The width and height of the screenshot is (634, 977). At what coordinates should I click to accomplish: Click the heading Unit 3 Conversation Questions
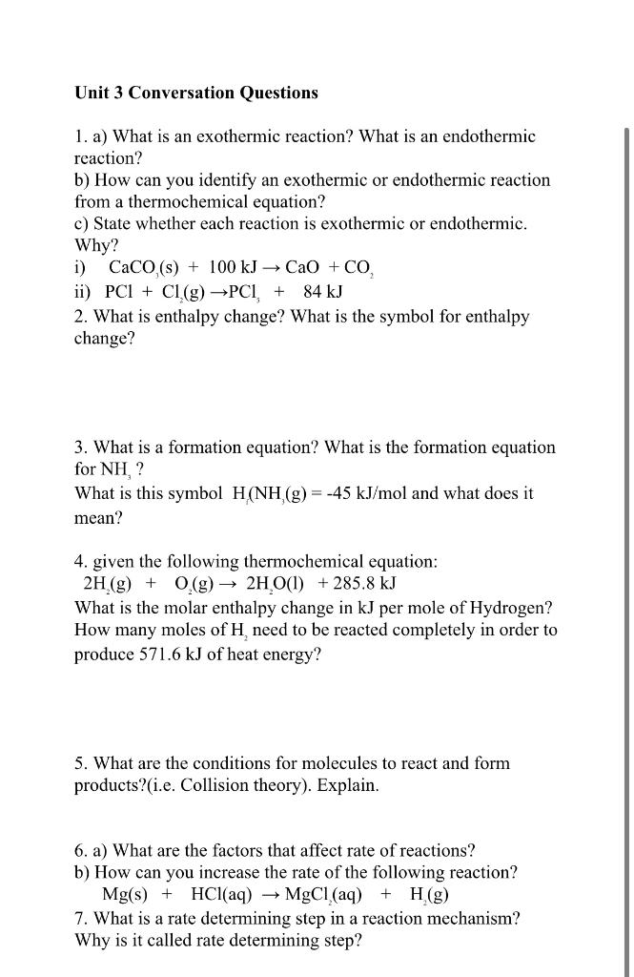click(196, 93)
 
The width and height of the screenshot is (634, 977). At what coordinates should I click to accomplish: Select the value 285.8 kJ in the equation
click(358, 584)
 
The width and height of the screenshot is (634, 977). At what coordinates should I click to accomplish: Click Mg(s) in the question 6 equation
click(125, 895)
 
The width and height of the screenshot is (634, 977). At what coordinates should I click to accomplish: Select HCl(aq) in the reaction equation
click(221, 895)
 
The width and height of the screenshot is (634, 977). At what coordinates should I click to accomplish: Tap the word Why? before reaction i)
click(90, 244)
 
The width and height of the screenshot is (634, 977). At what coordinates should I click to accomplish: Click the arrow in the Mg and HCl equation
click(269, 895)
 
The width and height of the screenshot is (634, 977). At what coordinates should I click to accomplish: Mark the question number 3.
click(80, 447)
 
